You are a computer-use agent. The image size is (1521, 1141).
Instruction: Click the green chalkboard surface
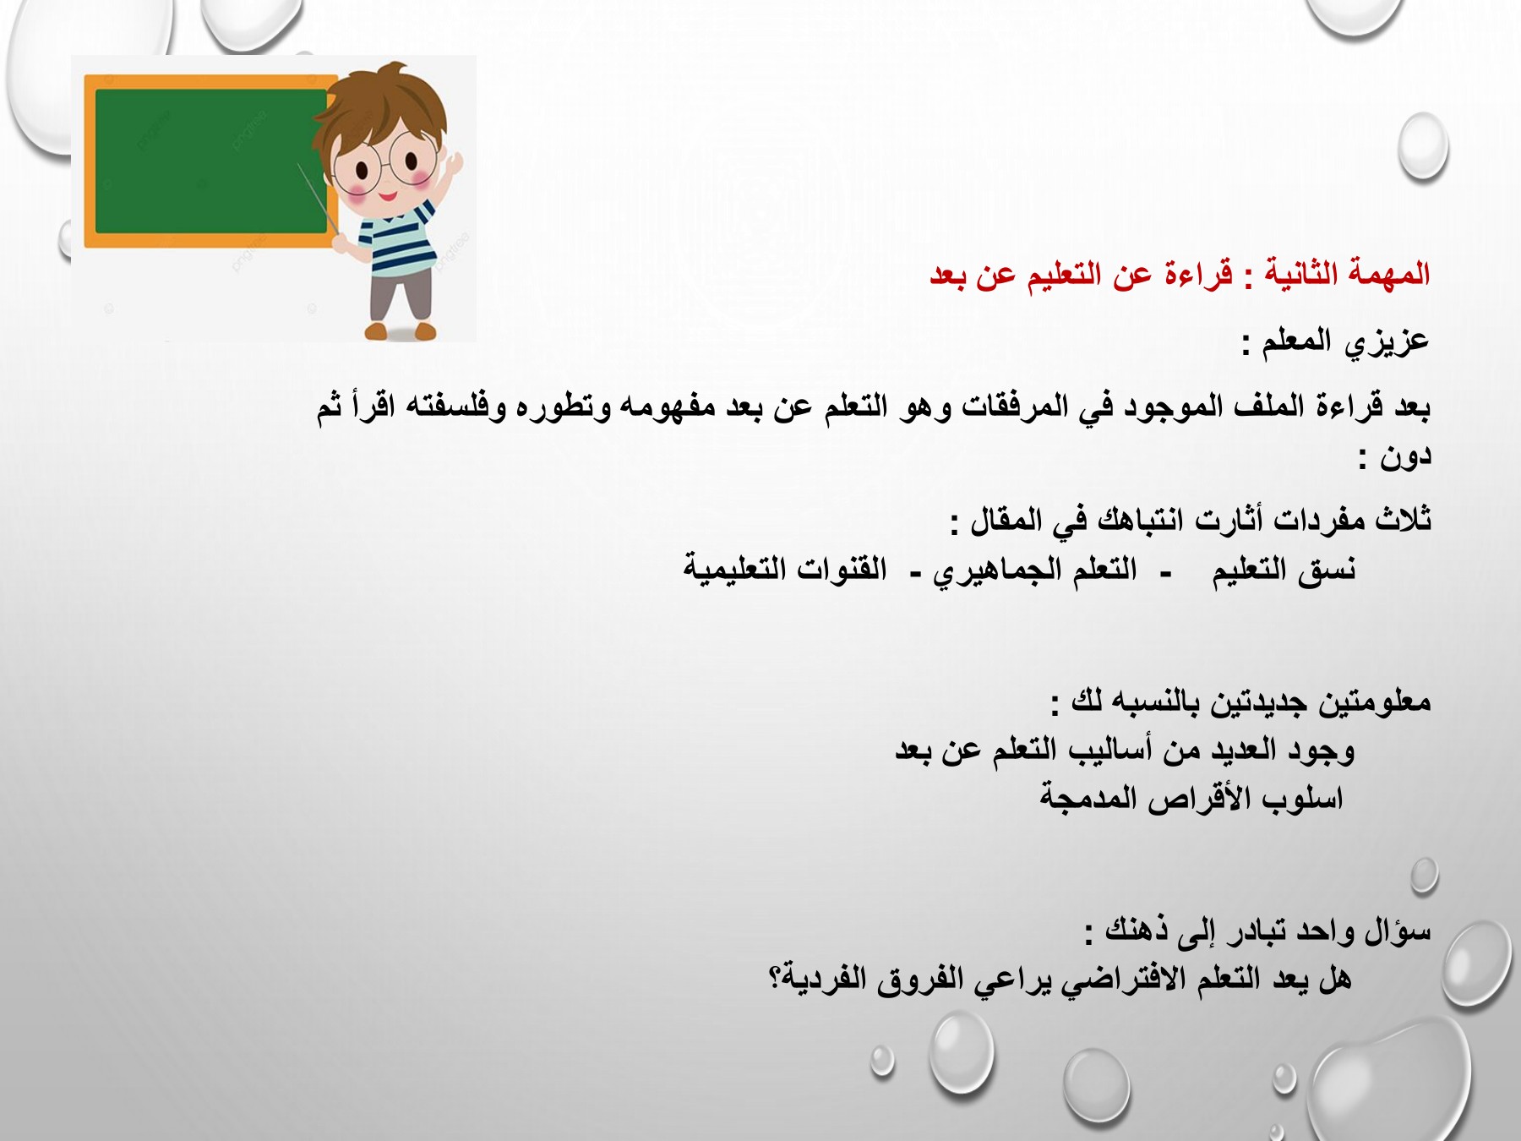(x=210, y=161)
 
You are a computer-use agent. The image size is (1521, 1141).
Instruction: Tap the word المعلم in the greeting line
(x=1302, y=341)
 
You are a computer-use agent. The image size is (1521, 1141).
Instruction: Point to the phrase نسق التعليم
(x=1284, y=570)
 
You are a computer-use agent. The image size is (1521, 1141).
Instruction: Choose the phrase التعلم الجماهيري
(x=1035, y=570)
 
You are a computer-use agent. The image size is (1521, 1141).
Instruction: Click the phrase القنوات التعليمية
(x=785, y=570)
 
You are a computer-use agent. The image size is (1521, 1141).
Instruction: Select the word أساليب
(x=1108, y=751)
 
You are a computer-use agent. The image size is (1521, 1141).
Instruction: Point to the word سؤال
(x=1398, y=931)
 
